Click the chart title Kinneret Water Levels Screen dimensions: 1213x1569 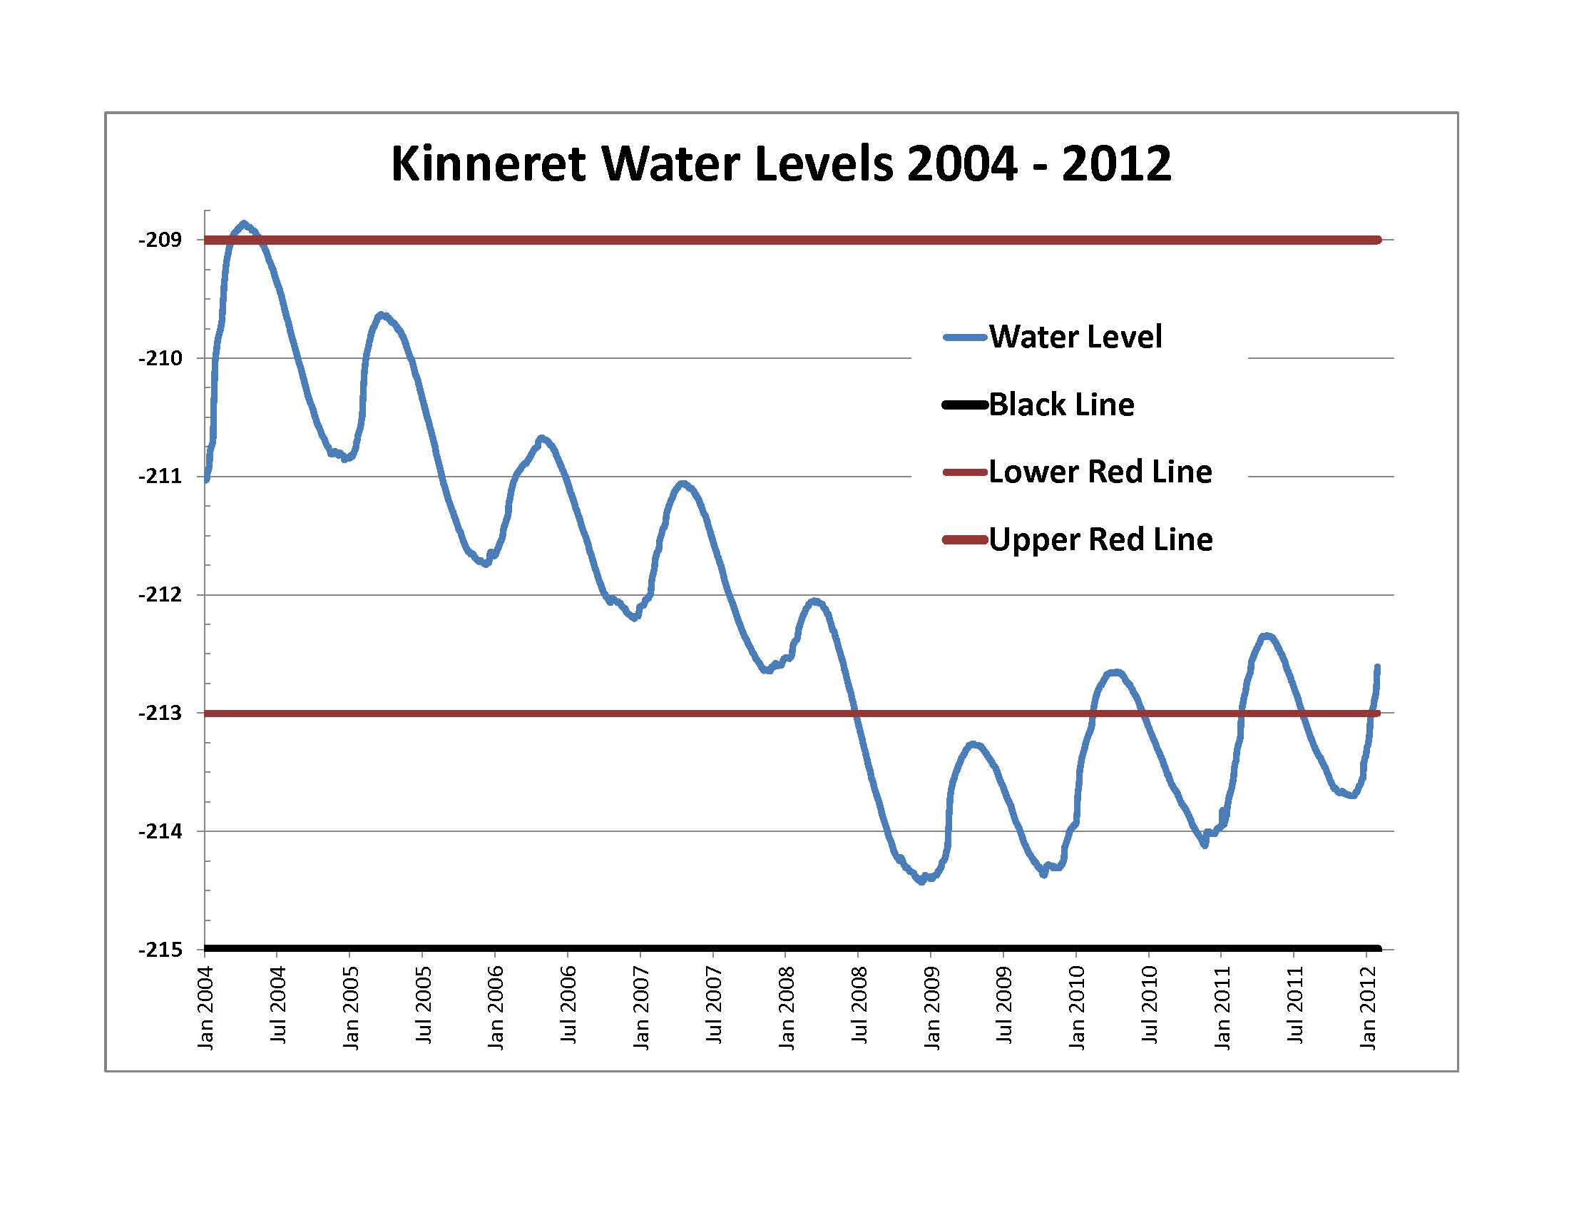[781, 164]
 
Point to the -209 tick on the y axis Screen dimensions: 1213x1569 [160, 240]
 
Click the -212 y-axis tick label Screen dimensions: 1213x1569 [160, 595]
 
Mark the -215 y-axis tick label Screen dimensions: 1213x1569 [160, 950]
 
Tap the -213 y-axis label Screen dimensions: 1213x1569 [160, 714]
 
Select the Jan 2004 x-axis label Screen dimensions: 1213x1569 [206, 1008]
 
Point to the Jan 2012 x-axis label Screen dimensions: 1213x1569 [1368, 1008]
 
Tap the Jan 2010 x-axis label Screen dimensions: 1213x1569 [1077, 1008]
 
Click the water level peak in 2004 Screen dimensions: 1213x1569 [244, 224]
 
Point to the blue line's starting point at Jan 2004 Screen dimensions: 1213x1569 [207, 480]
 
